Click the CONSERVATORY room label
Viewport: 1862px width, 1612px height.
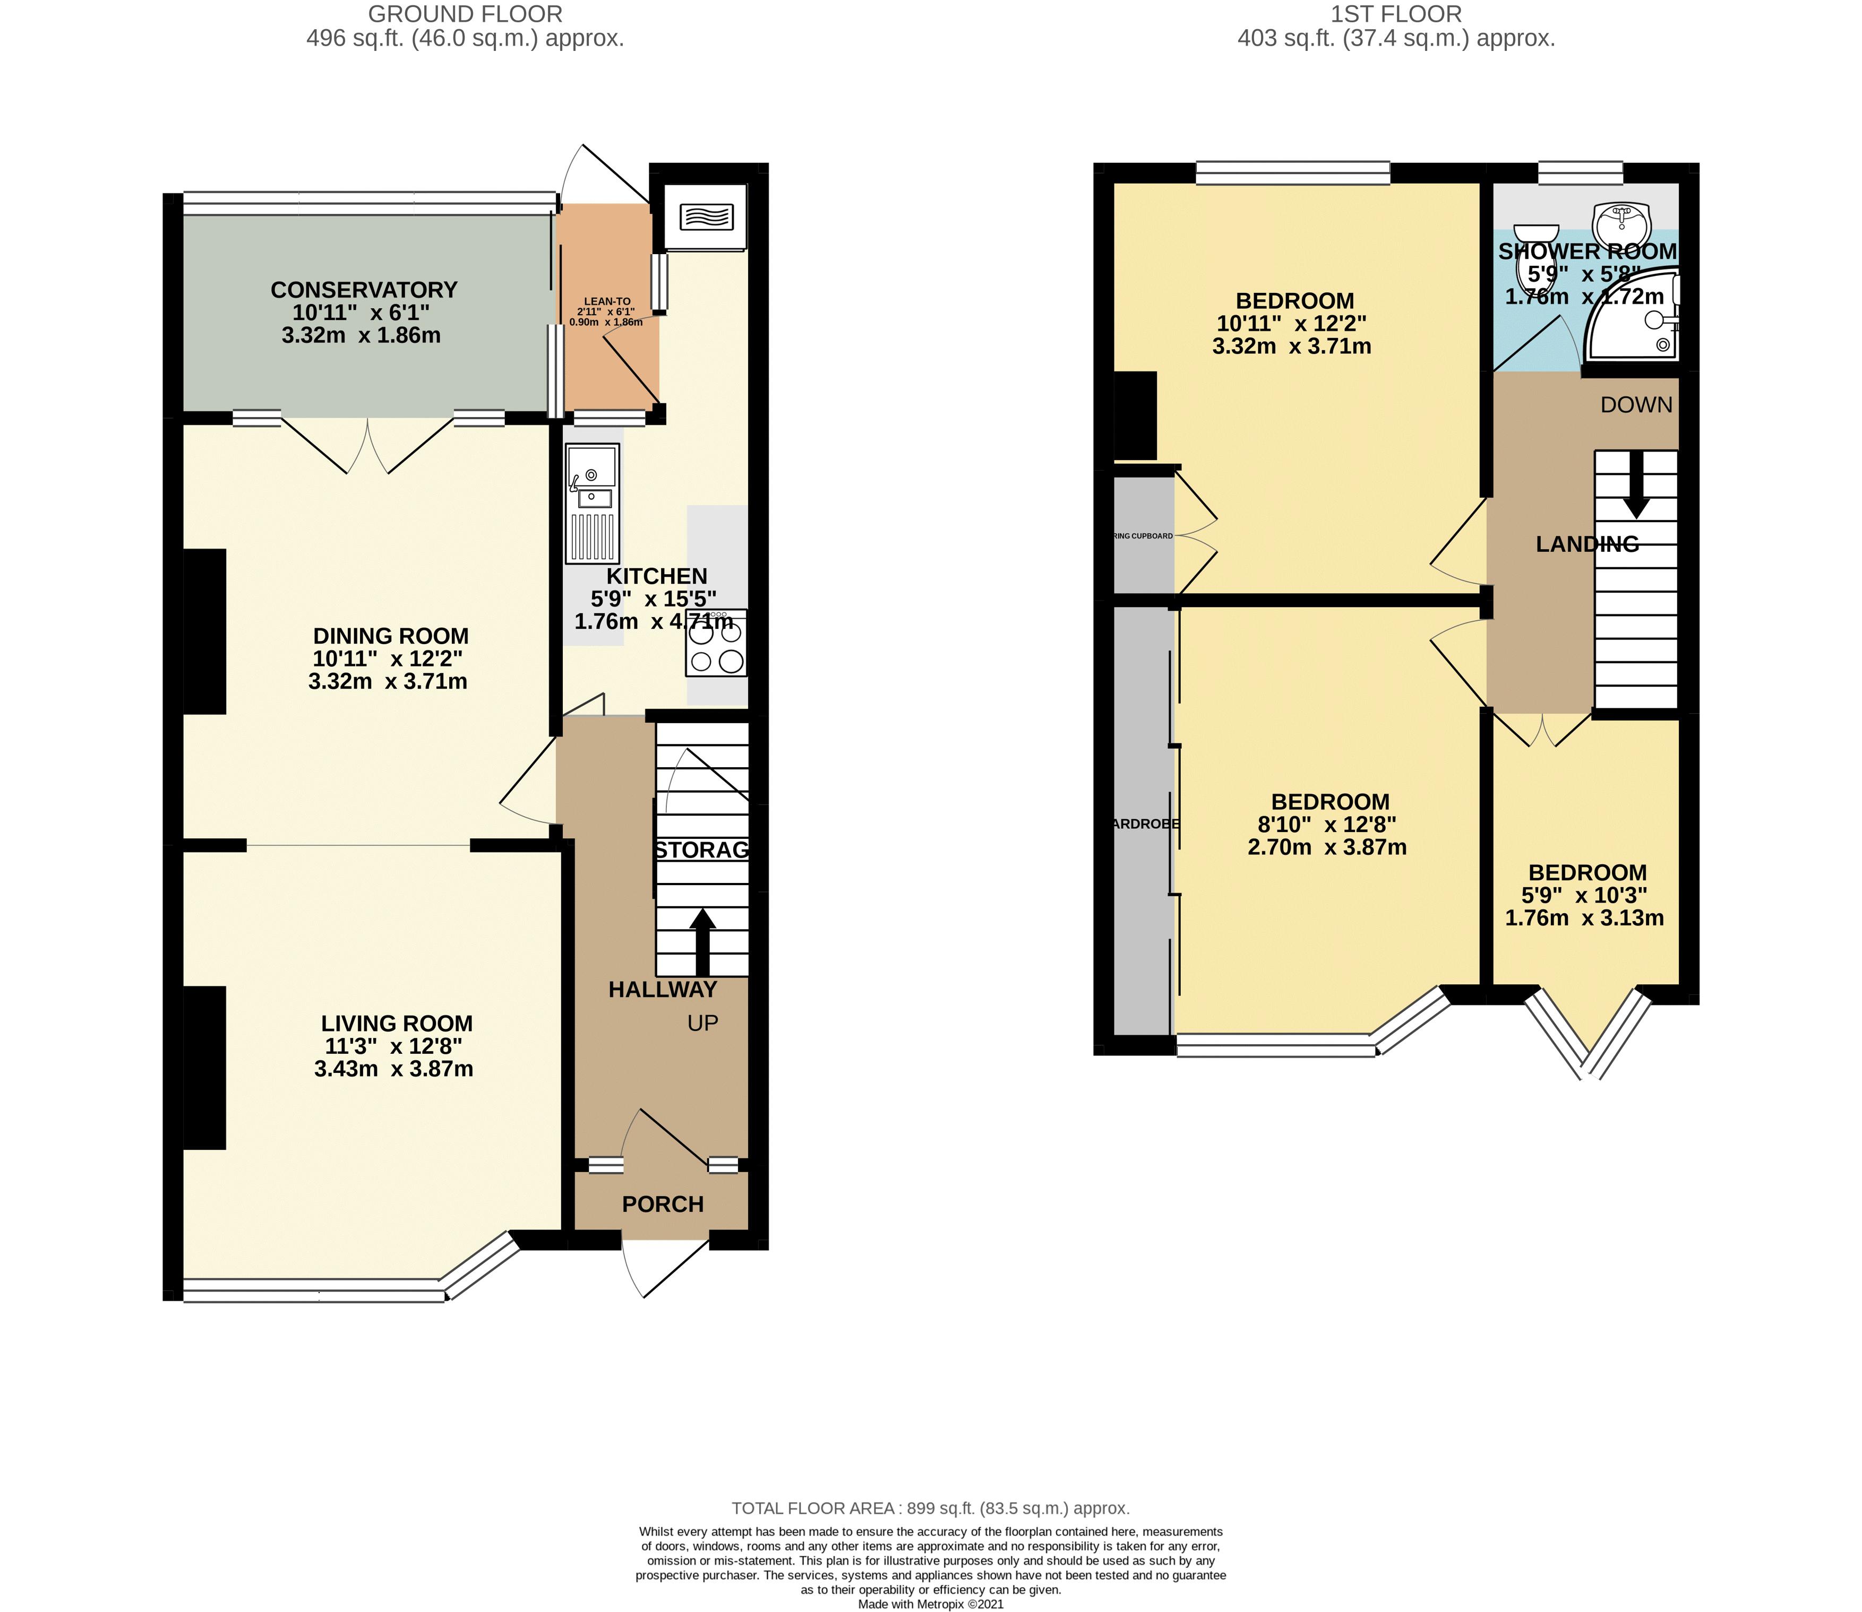364,290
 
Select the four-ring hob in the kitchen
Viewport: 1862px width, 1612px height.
716,646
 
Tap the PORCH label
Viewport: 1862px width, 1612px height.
663,1203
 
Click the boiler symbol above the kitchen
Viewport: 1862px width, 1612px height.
707,217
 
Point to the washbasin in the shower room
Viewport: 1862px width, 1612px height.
1621,219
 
